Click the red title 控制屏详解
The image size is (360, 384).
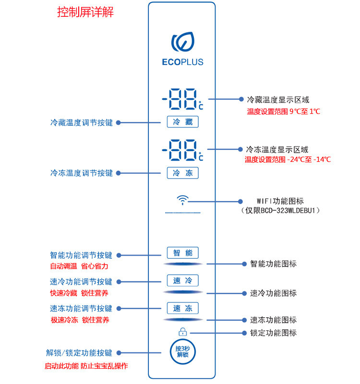click(85, 12)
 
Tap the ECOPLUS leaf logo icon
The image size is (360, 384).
click(183, 42)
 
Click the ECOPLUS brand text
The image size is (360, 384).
click(183, 62)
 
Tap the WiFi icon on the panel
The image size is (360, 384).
click(183, 200)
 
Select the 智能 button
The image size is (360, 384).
click(183, 253)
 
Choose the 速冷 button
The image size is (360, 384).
click(183, 280)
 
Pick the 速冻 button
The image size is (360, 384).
click(183, 308)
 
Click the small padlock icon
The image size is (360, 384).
click(183, 332)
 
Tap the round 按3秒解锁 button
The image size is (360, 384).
click(183, 352)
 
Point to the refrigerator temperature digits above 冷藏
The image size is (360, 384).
click(183, 99)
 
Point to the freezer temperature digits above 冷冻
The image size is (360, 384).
click(183, 150)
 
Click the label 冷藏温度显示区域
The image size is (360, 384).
click(278, 100)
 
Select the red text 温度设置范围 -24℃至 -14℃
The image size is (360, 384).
click(288, 160)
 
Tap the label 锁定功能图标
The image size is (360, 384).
click(273, 333)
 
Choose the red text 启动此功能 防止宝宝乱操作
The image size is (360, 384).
click(86, 366)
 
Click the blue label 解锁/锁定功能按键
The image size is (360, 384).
click(79, 353)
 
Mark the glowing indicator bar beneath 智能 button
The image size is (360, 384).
click(183, 264)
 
